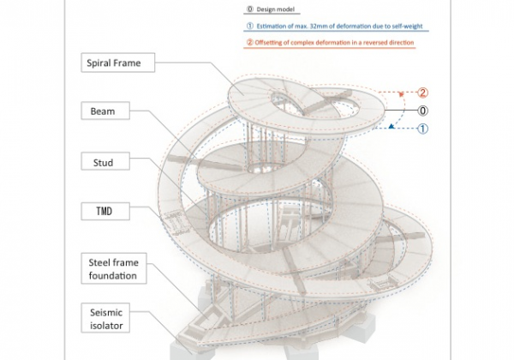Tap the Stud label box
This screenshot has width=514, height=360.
tap(103, 162)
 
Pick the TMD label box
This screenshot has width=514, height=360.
tap(103, 211)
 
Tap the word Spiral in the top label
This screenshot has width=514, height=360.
tap(105, 63)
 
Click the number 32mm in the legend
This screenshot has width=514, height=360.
tap(317, 26)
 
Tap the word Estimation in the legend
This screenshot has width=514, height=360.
tap(272, 26)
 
